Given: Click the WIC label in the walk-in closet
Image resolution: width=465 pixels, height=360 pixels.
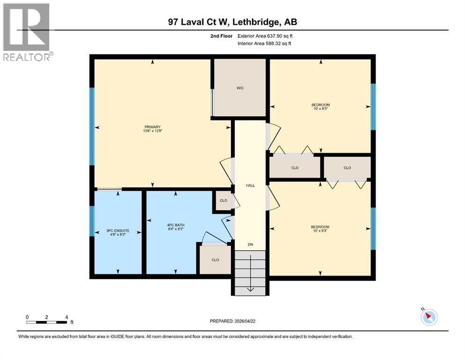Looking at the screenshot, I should (x=240, y=88).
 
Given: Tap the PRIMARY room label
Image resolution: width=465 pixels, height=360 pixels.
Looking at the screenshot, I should (x=153, y=127).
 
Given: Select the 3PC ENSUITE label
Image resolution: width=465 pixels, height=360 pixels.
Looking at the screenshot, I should (x=118, y=231).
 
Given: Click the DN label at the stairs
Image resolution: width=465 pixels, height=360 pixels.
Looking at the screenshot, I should (x=251, y=244).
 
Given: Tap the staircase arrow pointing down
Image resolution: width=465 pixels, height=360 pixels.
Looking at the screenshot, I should (x=251, y=287).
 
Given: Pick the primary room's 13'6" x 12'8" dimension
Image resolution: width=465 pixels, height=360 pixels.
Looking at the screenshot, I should (x=153, y=131).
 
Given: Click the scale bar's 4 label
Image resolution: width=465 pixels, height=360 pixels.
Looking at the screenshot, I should (x=66, y=317).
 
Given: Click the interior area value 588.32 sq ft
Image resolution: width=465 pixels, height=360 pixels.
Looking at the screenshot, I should (x=280, y=44).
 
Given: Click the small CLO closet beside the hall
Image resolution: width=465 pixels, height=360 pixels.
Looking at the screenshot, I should (x=223, y=201).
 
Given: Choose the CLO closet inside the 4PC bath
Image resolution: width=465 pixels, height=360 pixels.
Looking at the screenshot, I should (x=215, y=259).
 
